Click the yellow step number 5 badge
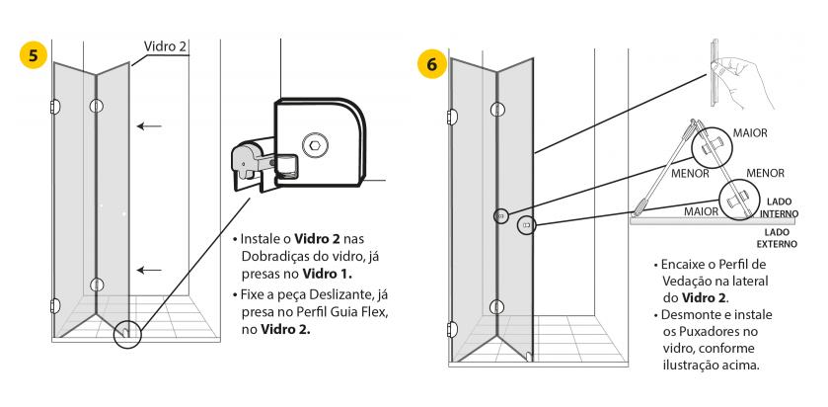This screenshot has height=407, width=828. (36, 55)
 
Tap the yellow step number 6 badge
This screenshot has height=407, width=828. (431, 62)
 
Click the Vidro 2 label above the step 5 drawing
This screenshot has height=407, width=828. (166, 46)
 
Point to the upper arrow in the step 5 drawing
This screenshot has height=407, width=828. (150, 125)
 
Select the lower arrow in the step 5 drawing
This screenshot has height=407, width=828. (150, 270)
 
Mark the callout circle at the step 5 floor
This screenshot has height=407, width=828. (126, 334)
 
